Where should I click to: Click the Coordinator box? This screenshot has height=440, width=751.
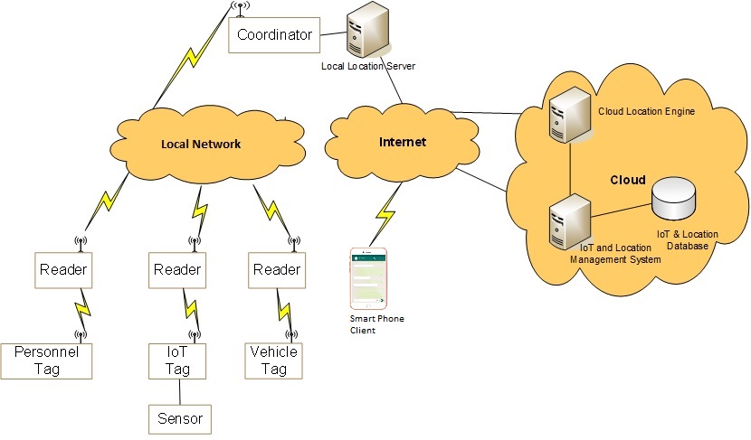click(274, 35)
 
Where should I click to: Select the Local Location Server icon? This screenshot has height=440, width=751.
click(366, 31)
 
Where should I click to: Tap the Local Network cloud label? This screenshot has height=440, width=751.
click(201, 144)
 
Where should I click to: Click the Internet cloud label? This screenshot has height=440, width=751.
click(402, 142)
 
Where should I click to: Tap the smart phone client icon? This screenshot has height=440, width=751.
click(368, 279)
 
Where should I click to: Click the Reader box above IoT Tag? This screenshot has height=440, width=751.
click(177, 270)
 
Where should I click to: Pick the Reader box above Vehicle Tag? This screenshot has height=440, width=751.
click(276, 270)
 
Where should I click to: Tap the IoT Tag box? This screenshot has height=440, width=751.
click(177, 360)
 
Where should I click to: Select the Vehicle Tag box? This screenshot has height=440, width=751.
click(273, 360)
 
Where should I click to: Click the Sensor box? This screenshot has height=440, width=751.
click(179, 419)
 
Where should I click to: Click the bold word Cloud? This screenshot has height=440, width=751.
click(626, 180)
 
